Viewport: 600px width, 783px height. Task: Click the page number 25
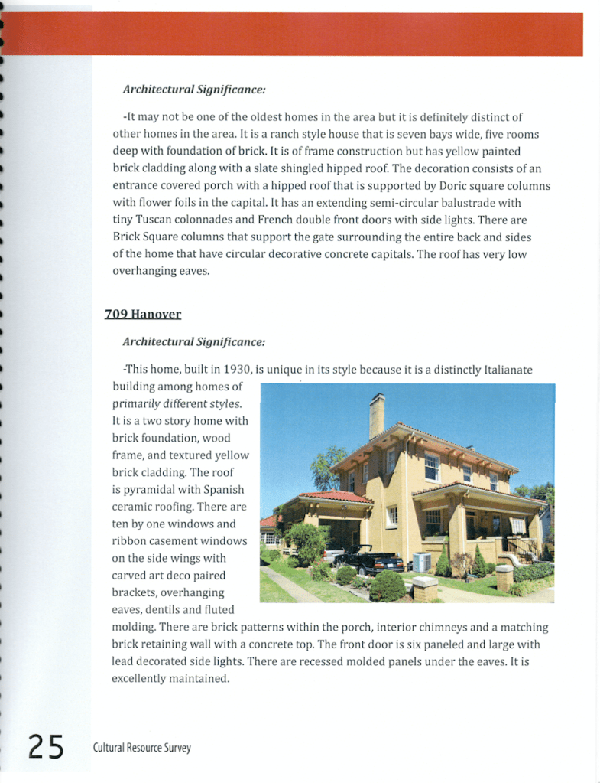click(x=46, y=745)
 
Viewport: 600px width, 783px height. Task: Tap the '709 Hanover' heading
click(x=142, y=314)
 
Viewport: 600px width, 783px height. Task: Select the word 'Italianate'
click(x=508, y=370)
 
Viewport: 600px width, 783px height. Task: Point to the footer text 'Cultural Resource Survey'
click(x=141, y=747)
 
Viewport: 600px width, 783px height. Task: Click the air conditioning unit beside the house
click(x=422, y=562)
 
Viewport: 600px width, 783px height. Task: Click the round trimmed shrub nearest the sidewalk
click(x=388, y=586)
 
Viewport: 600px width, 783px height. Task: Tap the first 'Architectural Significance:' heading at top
click(x=194, y=90)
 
